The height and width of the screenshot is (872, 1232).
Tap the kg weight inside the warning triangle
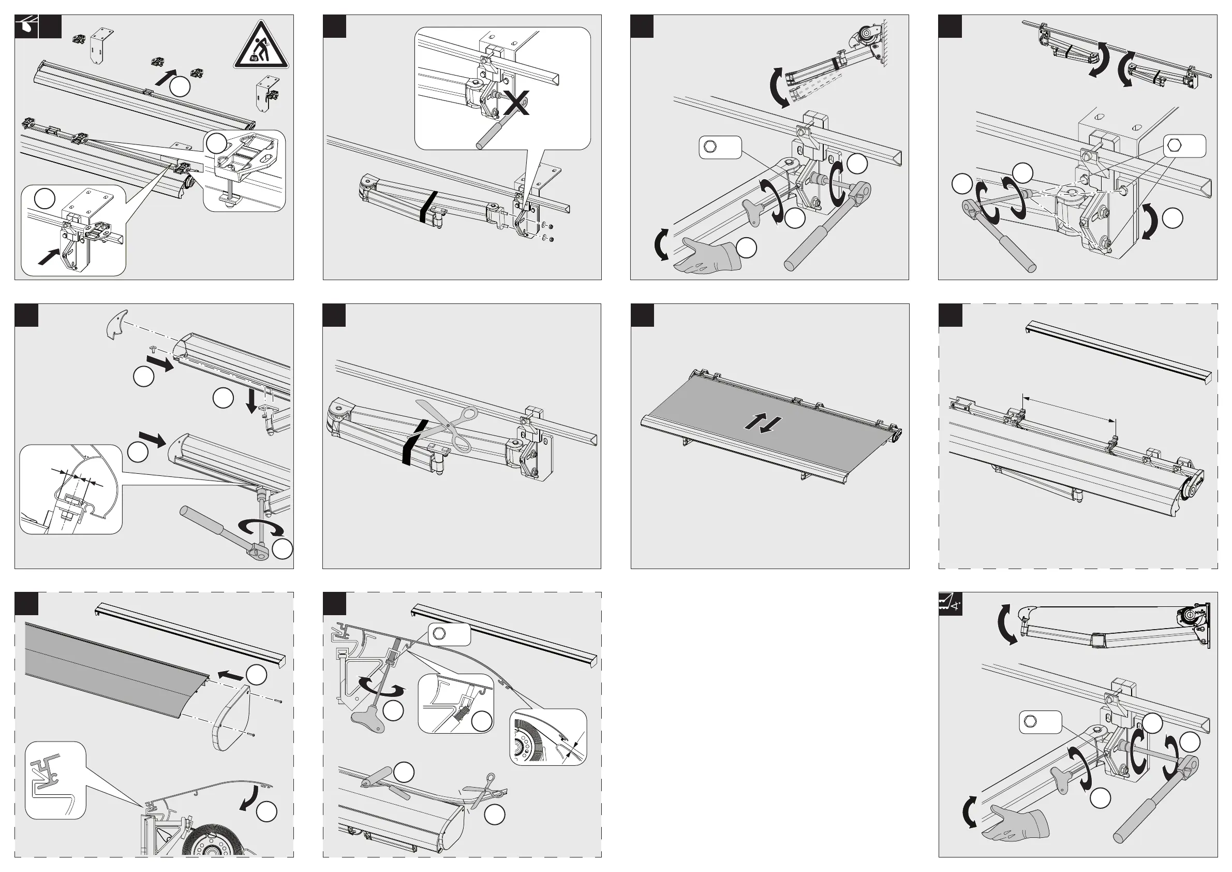[255, 59]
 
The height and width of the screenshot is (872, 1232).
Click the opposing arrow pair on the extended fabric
[763, 424]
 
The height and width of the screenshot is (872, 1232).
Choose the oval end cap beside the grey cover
[232, 717]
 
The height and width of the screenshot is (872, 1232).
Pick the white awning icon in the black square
[26, 26]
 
